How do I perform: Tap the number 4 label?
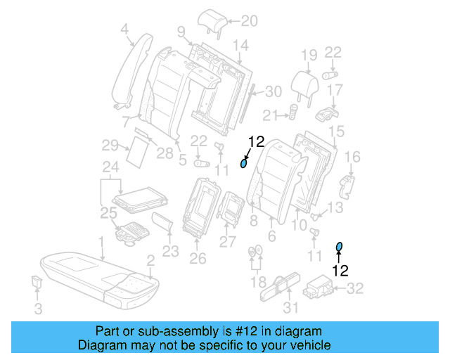click(124, 29)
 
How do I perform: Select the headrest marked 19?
click(307, 82)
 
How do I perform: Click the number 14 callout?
click(240, 46)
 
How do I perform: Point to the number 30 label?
click(274, 91)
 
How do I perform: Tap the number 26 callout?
click(198, 258)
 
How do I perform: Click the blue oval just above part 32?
click(339, 245)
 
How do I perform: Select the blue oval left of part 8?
click(244, 164)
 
